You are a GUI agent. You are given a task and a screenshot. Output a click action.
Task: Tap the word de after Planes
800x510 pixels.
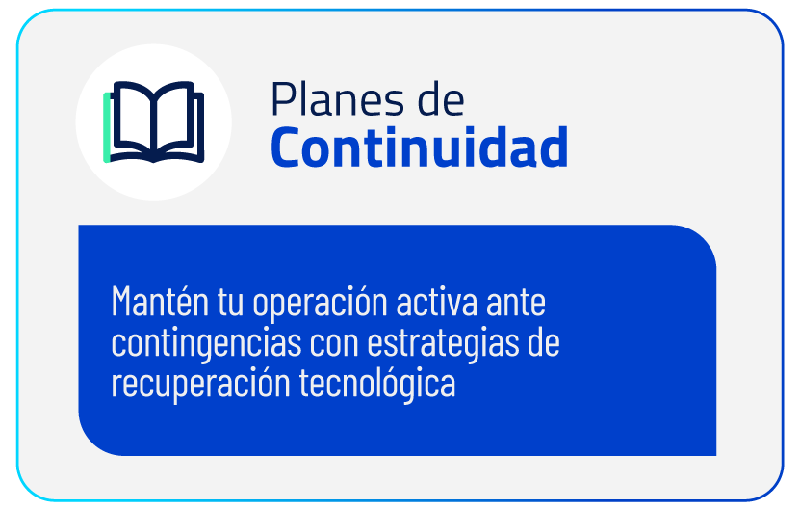[441, 98]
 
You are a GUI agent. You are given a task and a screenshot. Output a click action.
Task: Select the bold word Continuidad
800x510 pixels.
[420, 147]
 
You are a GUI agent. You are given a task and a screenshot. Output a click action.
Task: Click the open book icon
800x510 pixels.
[154, 122]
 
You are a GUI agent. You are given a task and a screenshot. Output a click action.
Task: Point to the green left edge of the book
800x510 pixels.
[107, 128]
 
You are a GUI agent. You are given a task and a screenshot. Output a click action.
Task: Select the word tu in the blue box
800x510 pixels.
[231, 303]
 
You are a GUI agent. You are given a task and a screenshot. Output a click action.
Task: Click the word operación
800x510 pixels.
[320, 304]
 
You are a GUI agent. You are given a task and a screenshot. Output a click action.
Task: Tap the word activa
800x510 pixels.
[437, 302]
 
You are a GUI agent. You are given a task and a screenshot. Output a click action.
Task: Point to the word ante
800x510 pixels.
[516, 303]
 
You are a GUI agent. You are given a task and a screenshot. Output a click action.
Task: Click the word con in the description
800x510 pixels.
[334, 345]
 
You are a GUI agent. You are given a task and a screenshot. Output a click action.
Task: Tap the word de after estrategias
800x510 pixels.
[544, 342]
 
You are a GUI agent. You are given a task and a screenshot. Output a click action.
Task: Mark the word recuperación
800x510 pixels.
[200, 385]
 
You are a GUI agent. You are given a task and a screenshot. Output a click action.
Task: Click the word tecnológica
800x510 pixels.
[377, 385]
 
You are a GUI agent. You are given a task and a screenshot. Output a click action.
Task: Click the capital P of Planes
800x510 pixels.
[282, 98]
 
